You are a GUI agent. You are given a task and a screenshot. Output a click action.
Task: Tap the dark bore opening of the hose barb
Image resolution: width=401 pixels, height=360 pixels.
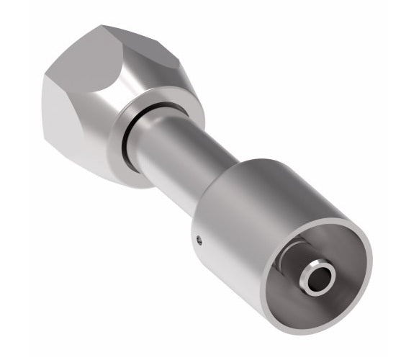[x=317, y=278]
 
